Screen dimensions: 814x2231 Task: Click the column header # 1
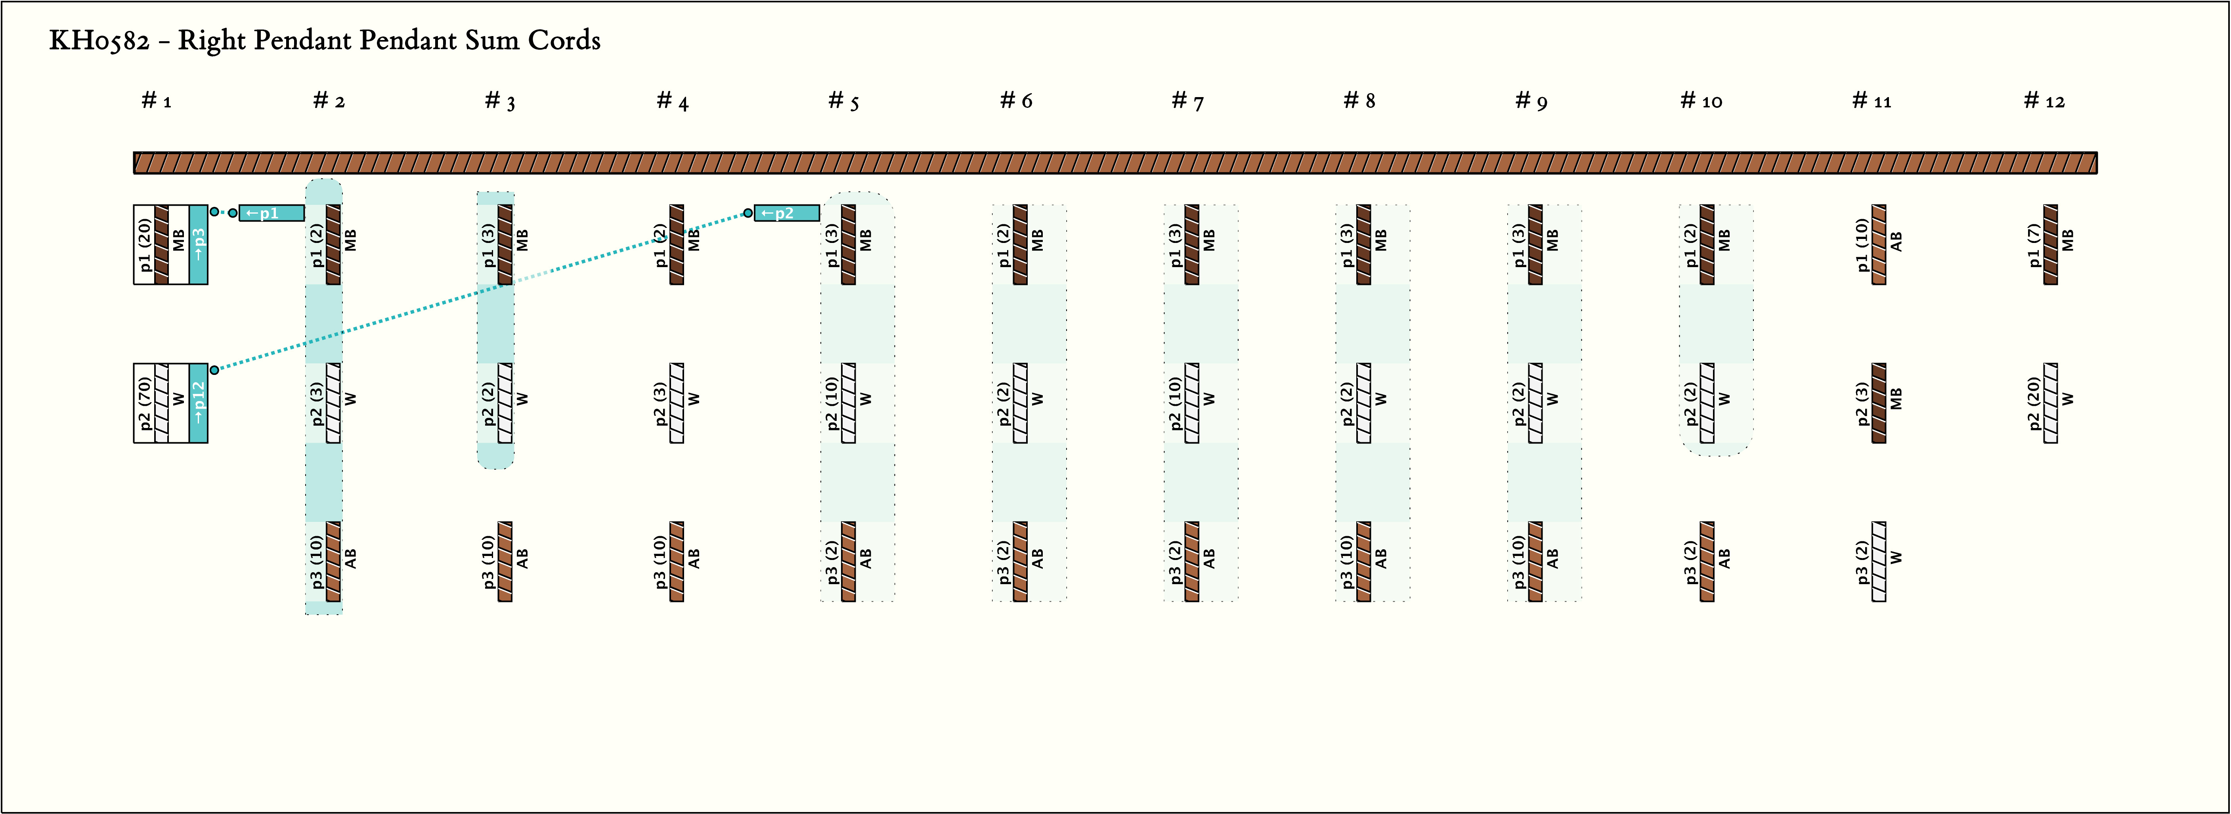coord(157,101)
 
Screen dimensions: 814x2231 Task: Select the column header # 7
coord(1187,101)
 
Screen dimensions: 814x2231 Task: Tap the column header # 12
coord(2044,101)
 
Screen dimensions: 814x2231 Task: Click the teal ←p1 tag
coord(271,213)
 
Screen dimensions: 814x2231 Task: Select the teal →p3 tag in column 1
coord(198,244)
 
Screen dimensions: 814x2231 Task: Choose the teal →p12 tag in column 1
coord(198,403)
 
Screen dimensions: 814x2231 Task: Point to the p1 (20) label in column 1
coord(145,244)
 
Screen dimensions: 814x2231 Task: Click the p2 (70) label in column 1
coord(145,403)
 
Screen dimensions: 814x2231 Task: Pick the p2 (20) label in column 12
coord(2034,403)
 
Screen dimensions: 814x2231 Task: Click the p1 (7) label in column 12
coord(2034,244)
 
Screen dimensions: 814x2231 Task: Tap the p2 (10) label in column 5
coord(832,403)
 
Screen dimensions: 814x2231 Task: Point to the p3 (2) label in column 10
coord(1690,561)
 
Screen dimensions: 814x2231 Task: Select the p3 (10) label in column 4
coord(660,561)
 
